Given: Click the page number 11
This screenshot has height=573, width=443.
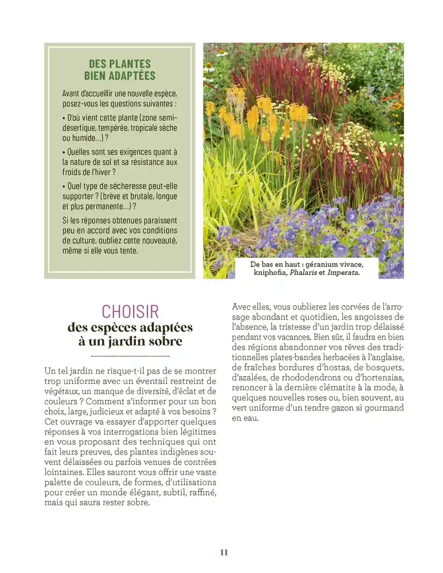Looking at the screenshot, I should pyautogui.click(x=224, y=552).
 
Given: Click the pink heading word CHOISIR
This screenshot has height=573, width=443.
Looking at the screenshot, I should pyautogui.click(x=130, y=311).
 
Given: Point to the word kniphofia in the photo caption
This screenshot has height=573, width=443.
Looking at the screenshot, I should pyautogui.click(x=273, y=273).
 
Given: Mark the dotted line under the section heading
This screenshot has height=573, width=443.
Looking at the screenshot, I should pyautogui.click(x=130, y=355).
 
